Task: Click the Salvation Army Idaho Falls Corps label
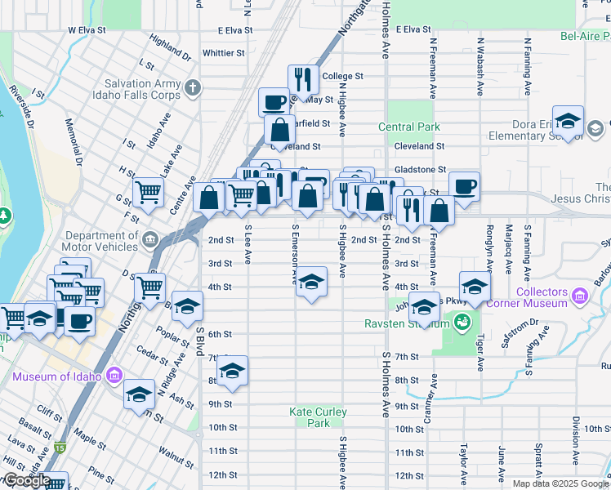click(x=142, y=89)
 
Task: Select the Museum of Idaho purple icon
click(x=114, y=376)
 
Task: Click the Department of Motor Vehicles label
click(x=91, y=241)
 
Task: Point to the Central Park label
click(x=408, y=127)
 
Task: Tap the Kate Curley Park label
click(x=310, y=417)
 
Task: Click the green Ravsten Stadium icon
click(x=462, y=323)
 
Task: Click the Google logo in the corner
click(x=26, y=480)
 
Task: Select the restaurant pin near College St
click(x=303, y=80)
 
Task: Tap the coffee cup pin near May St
click(x=274, y=102)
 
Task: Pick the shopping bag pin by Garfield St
click(x=279, y=129)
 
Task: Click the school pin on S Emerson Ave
click(x=310, y=283)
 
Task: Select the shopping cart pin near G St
click(x=149, y=192)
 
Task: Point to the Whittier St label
click(x=223, y=53)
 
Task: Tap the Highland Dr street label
click(x=170, y=47)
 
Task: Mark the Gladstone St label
click(x=420, y=170)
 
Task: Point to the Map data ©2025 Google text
click(x=560, y=483)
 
